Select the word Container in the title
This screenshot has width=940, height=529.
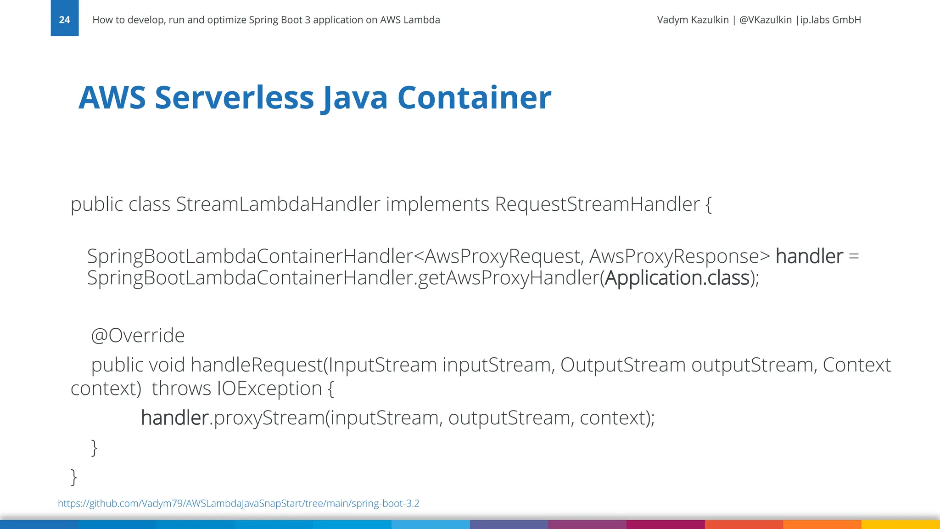click(474, 98)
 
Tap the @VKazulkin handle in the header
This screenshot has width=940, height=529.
click(766, 20)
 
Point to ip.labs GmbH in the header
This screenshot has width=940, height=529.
click(831, 20)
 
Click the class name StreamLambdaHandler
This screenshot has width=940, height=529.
click(278, 204)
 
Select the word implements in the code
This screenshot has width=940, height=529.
click(437, 204)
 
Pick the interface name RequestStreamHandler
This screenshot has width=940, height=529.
click(597, 204)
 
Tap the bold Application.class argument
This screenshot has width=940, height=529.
click(677, 278)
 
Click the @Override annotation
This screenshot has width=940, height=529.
click(138, 336)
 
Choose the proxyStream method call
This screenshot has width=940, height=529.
click(269, 418)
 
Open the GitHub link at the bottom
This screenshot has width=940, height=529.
click(238, 503)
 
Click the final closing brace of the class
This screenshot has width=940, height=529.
click(73, 477)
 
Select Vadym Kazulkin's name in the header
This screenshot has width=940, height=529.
click(693, 20)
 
